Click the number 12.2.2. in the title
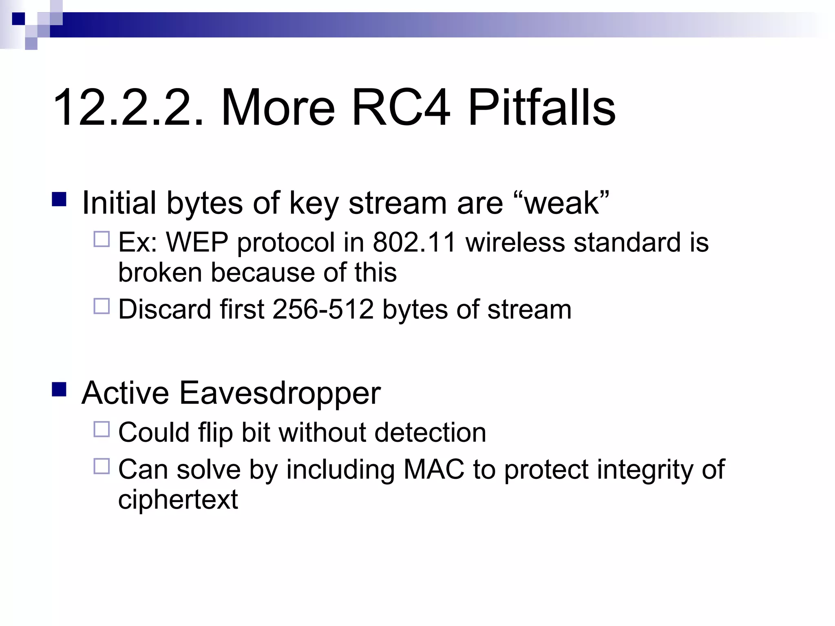(128, 108)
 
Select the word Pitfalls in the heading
(541, 108)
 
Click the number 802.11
(414, 242)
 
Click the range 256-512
(323, 309)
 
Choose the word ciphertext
(178, 500)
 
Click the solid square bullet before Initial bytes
(59, 199)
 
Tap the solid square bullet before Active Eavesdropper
(59, 389)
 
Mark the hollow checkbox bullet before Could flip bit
(102, 429)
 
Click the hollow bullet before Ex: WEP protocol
(102, 239)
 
